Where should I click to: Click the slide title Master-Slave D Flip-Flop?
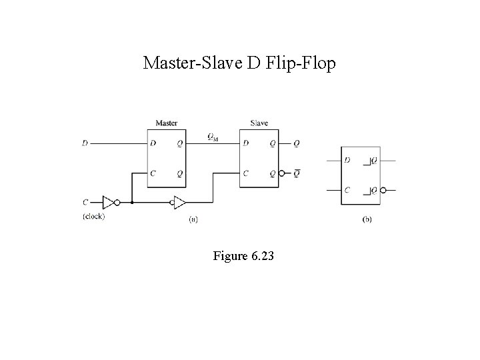(x=240, y=63)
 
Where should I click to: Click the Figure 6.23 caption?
(x=239, y=256)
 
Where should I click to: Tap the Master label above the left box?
(x=166, y=123)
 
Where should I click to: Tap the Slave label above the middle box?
(x=259, y=123)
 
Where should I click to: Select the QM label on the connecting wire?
(x=213, y=138)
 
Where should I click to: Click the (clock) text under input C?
(x=93, y=215)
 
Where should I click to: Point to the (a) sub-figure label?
(x=193, y=219)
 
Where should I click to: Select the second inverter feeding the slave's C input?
(x=178, y=202)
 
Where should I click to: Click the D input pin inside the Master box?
(x=153, y=143)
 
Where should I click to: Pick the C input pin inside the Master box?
(x=153, y=173)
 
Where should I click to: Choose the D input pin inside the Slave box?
(x=246, y=143)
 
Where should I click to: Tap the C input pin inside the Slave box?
(x=246, y=173)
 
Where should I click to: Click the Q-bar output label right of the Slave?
(x=297, y=173)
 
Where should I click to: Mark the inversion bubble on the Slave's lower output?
(x=283, y=174)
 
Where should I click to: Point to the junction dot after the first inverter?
(x=132, y=202)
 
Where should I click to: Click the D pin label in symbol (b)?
(x=347, y=160)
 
